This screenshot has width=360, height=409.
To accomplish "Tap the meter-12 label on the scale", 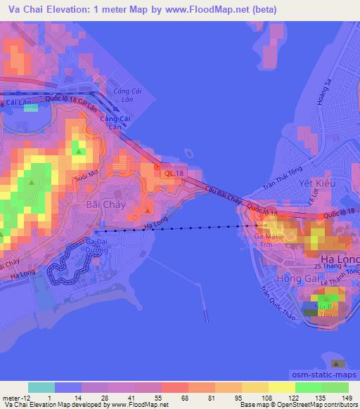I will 15,398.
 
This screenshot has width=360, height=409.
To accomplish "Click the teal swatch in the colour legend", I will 41,387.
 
